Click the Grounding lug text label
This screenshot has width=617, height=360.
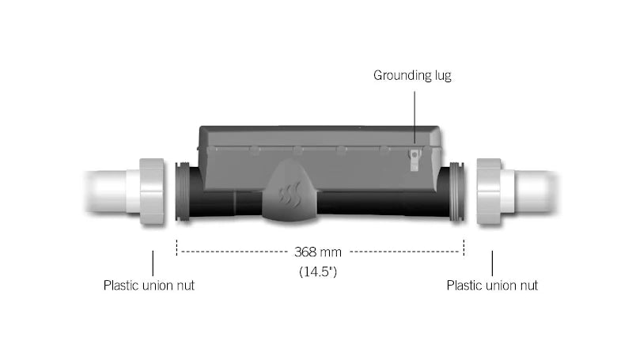412,75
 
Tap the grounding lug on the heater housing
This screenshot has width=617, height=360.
414,160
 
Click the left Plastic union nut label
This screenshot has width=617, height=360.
149,286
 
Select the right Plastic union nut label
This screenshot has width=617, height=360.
492,286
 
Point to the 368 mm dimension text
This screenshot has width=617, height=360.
318,252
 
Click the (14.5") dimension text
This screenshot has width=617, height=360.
318,271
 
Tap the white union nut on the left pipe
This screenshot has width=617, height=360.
152,191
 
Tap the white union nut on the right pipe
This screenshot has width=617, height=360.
489,191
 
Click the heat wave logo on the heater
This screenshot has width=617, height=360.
290,193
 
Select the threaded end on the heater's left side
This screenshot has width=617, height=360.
182,191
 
